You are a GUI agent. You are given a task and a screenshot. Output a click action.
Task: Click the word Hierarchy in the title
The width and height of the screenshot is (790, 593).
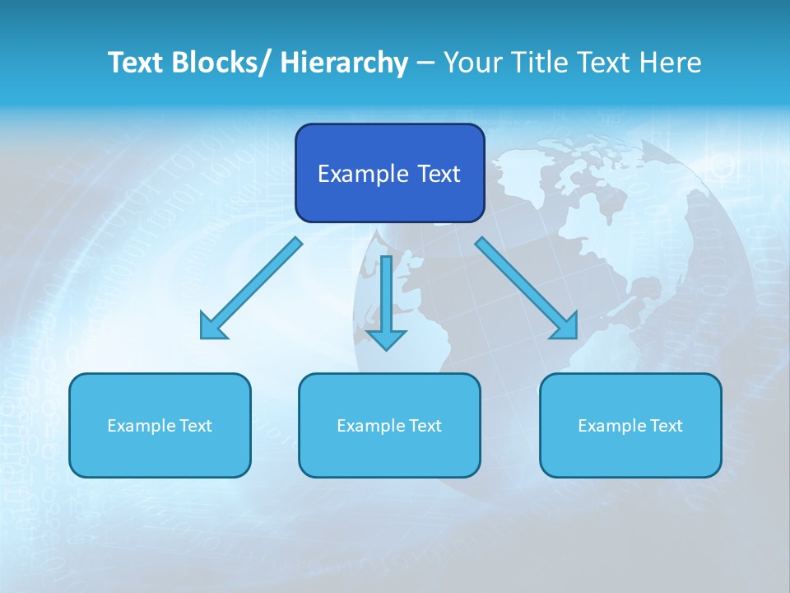click(344, 63)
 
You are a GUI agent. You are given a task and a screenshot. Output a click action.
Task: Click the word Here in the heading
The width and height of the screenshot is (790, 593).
click(671, 63)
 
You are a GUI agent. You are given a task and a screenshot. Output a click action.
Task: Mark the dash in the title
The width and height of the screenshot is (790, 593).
click(425, 63)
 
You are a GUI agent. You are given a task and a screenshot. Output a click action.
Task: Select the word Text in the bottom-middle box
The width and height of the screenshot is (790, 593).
click(424, 426)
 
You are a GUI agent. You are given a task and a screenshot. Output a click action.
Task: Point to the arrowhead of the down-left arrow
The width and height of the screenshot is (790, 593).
click(212, 327)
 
